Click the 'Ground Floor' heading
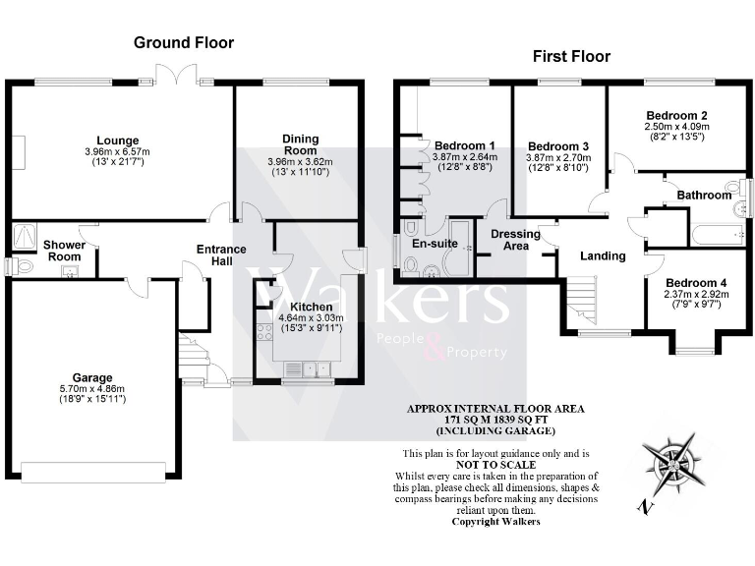pos(184,42)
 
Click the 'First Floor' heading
pos(571,56)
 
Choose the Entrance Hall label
pos(221,255)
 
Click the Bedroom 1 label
pos(465,144)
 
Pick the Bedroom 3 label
pos(558,144)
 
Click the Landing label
pos(602,255)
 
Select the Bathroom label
pos(704,196)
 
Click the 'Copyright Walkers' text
pos(495,521)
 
